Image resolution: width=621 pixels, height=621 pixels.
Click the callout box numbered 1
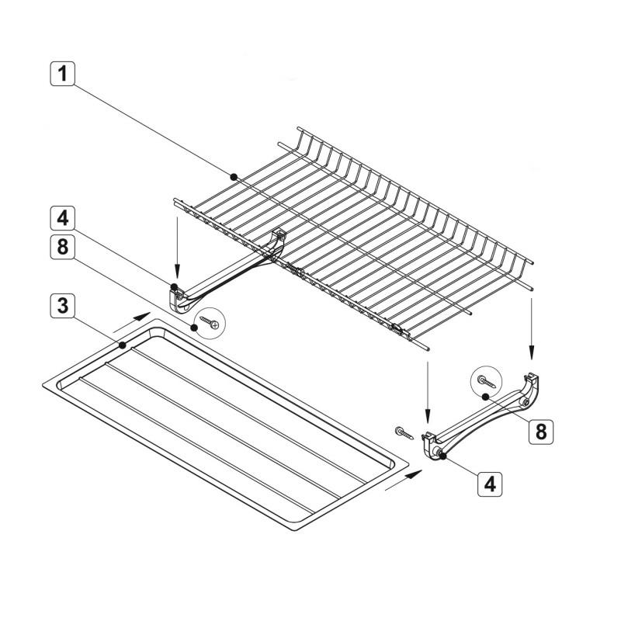[x=62, y=74]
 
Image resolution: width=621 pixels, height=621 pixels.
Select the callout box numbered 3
[x=62, y=306]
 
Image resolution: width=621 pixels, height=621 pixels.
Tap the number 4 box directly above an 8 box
[x=62, y=218]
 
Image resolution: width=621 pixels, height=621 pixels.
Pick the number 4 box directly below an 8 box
[x=490, y=484]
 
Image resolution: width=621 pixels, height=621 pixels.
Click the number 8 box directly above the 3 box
[x=62, y=247]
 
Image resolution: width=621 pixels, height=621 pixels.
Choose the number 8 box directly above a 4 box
[x=541, y=431]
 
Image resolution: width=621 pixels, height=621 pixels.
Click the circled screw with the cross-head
[x=210, y=322]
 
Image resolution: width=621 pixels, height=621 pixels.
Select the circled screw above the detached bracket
[x=486, y=381]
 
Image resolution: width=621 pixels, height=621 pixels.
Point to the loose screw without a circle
[x=404, y=432]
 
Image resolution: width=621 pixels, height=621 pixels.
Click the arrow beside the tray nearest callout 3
[x=132, y=322]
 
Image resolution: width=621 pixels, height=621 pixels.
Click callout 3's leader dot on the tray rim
[x=123, y=345]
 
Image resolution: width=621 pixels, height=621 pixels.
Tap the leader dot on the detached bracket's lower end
[x=442, y=456]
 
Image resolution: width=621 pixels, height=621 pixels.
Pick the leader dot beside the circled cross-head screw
[x=195, y=328]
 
